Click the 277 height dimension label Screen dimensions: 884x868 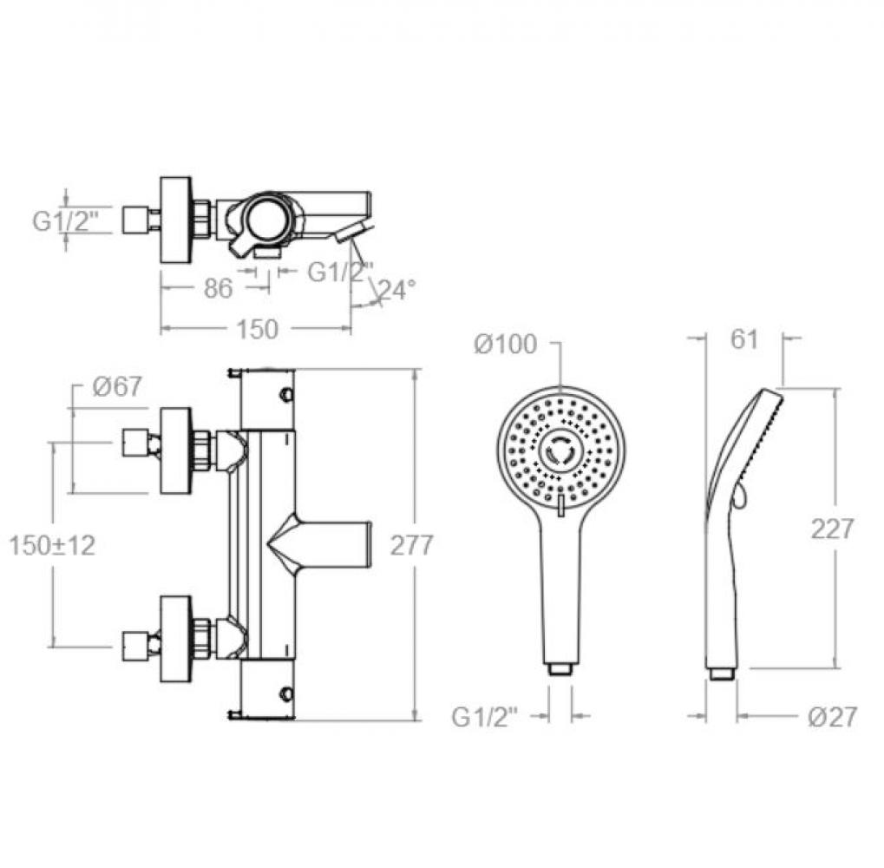pyautogui.click(x=411, y=545)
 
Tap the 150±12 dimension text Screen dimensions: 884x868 pyautogui.click(x=52, y=545)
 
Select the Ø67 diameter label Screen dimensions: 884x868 pyautogui.click(x=117, y=387)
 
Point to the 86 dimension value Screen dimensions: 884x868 pyautogui.click(x=218, y=288)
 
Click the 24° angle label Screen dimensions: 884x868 pyautogui.click(x=397, y=290)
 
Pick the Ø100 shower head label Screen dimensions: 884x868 pyautogui.click(x=506, y=345)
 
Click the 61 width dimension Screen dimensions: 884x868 pyautogui.click(x=744, y=339)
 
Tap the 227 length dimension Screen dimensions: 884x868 pyautogui.click(x=833, y=529)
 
